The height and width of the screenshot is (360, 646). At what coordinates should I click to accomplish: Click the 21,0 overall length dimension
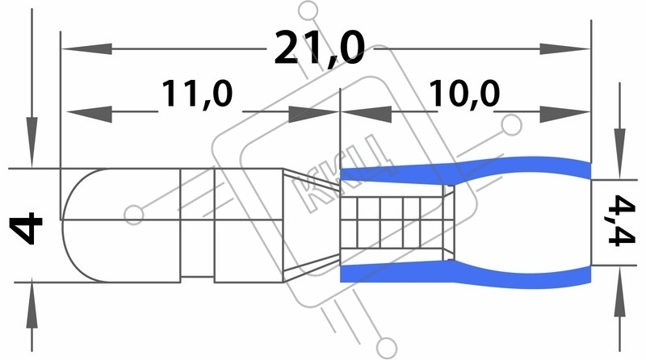pos(320,48)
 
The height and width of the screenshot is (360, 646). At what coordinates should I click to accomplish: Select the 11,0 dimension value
pos(197,94)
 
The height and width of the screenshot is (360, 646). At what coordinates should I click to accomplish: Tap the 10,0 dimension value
pos(464,94)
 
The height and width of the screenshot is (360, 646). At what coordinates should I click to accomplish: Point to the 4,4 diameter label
pos(622,221)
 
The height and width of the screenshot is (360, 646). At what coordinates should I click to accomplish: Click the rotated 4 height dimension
pos(26,228)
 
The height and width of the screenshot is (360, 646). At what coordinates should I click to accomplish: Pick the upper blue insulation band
pos(466,170)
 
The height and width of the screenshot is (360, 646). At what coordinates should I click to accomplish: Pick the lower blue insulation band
pos(466,274)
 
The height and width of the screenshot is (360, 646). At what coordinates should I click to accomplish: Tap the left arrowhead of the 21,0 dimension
pos(87,49)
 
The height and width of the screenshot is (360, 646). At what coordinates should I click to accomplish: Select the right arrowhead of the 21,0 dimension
pos(564,49)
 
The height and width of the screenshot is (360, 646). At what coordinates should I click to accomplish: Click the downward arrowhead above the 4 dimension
pos(31,143)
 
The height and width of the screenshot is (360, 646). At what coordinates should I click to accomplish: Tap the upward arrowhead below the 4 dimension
pos(31,306)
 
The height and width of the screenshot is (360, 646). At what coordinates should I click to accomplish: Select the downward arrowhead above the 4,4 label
pos(619,153)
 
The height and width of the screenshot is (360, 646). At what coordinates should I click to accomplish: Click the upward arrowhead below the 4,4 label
pos(619,291)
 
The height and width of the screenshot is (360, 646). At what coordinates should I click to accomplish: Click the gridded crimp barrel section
pos(392,223)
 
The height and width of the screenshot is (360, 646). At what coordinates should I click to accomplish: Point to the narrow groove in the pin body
pos(197,225)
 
